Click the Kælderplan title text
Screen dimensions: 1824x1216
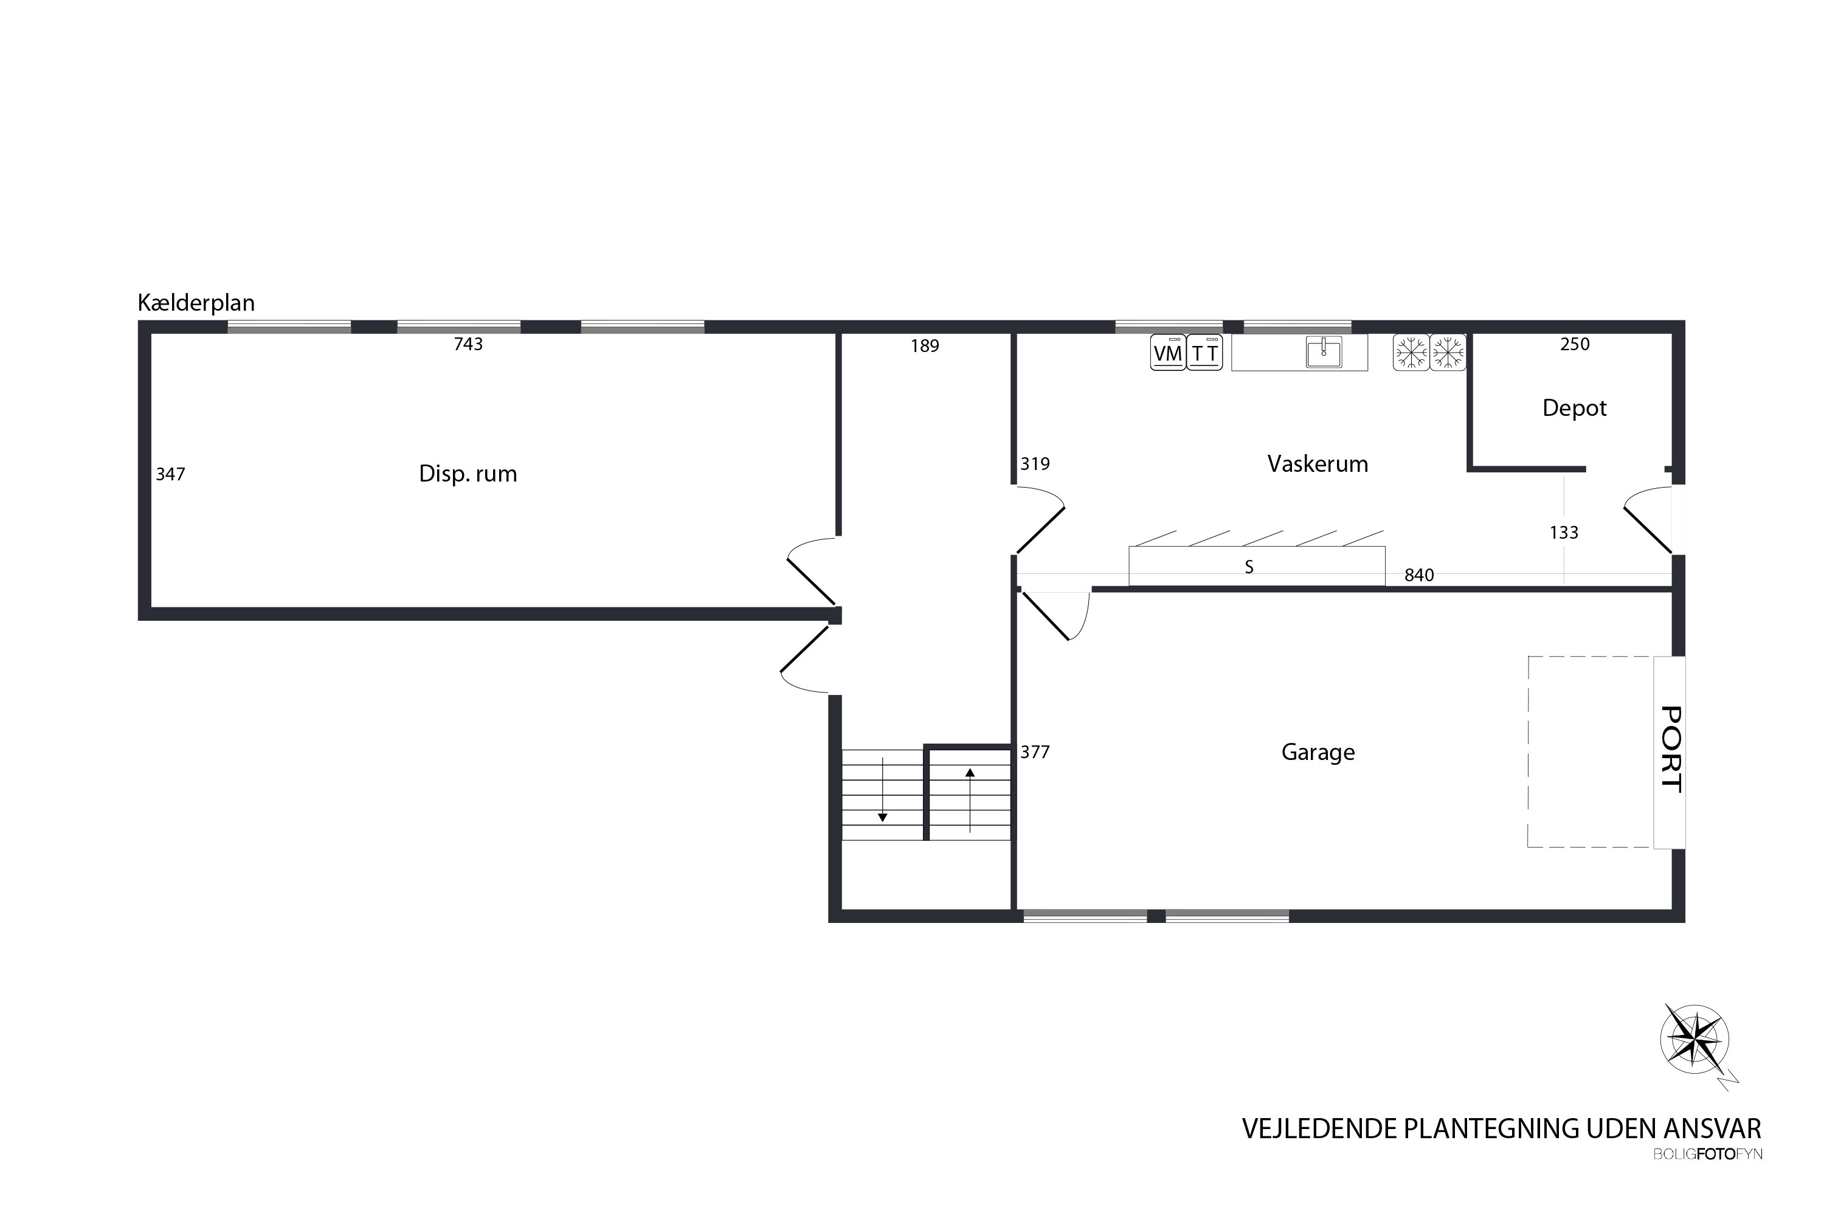[x=196, y=303]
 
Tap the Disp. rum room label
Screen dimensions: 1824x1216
[x=468, y=474]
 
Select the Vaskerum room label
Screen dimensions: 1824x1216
[x=1318, y=464]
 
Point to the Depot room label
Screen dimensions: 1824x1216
[x=1574, y=409]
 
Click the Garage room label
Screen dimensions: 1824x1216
[x=1318, y=752]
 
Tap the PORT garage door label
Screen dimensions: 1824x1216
[x=1670, y=749]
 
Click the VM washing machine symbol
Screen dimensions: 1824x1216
[x=1168, y=353]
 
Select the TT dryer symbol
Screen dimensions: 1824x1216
[x=1204, y=353]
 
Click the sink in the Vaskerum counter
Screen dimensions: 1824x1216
[x=1324, y=352]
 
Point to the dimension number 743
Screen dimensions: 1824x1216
[x=468, y=344]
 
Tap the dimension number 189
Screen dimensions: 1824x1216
[x=924, y=347]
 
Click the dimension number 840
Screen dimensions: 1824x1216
[x=1419, y=575]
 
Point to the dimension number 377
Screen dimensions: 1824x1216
[x=1035, y=752]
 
